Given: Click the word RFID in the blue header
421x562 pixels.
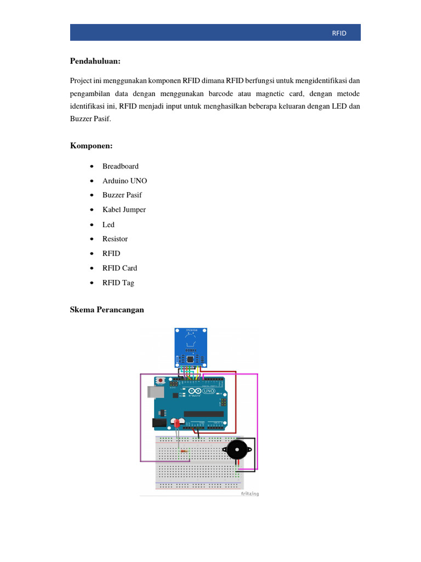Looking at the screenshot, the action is coord(339,33).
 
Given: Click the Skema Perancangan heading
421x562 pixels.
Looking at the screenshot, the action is coord(107,310).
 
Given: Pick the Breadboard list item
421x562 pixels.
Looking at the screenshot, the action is coord(120,166).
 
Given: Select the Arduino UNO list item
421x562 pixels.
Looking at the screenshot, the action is coord(124,181).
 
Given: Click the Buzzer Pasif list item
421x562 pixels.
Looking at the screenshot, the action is coord(122,195).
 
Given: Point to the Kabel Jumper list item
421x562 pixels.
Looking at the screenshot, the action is coord(124,210).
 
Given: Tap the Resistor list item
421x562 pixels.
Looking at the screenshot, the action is coord(115,239).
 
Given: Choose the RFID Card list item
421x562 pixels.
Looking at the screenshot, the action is coord(120,268).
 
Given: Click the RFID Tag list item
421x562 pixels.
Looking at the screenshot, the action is coord(118,283).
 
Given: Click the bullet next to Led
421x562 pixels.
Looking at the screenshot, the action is coord(90,224).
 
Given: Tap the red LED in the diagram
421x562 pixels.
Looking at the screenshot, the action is coord(177,424).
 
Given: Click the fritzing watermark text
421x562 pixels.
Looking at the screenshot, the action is coord(249,493).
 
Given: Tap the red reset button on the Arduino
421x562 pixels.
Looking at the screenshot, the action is coord(160,380).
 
